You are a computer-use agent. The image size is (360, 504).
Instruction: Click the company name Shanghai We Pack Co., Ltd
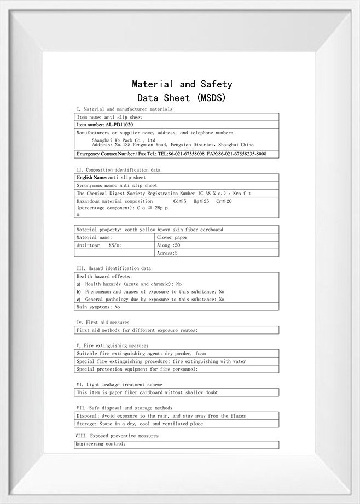click(x=124, y=140)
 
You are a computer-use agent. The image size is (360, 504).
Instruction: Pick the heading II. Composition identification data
click(x=118, y=170)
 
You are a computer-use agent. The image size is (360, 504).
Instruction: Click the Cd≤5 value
click(x=179, y=201)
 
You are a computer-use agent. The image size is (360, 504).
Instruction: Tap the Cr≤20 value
click(x=224, y=201)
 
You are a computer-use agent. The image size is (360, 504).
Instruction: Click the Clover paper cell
click(x=172, y=238)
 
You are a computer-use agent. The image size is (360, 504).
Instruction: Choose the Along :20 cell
click(x=169, y=245)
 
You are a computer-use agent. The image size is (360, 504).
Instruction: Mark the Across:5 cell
click(x=167, y=253)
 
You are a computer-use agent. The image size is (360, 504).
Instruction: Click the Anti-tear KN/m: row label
click(x=99, y=245)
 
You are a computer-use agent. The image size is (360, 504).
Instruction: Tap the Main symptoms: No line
click(x=98, y=307)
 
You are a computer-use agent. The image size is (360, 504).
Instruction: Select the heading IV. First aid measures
click(x=103, y=323)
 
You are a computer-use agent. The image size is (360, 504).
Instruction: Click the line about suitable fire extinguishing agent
click(x=141, y=354)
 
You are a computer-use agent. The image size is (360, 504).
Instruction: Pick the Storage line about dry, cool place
click(x=140, y=424)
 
